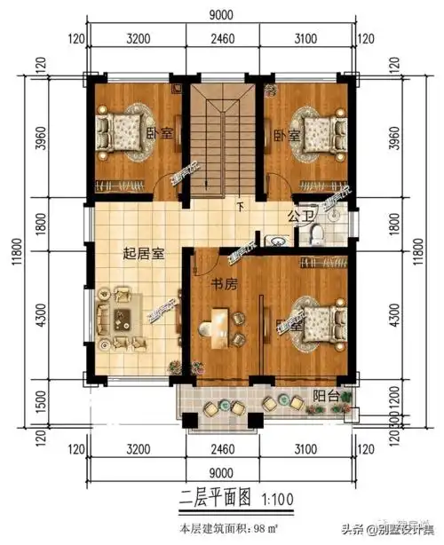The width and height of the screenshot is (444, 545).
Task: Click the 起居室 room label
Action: coord(143,253)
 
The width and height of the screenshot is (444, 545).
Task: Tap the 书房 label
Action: coord(221,285)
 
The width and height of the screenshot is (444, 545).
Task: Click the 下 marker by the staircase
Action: coord(240,209)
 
